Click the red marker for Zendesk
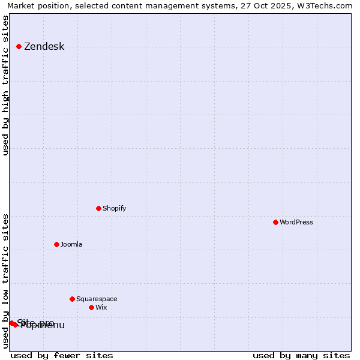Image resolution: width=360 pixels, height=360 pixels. click(19, 46)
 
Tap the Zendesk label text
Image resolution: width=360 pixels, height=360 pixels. click(44, 47)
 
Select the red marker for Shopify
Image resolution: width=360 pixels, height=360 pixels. click(99, 208)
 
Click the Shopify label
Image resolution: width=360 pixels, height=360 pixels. click(114, 209)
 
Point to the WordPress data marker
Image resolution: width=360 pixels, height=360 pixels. click(276, 222)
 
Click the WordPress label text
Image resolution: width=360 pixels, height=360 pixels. click(296, 223)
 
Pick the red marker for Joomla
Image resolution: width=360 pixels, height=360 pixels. click(57, 244)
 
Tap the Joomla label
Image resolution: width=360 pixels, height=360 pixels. click(71, 245)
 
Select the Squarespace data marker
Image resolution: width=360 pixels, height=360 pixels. click(73, 299)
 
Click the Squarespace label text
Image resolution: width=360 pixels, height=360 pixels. click(97, 299)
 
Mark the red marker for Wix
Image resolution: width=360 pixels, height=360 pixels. click(92, 307)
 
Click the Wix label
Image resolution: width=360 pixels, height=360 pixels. click(101, 308)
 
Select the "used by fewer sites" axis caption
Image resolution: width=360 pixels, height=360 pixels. click(62, 355)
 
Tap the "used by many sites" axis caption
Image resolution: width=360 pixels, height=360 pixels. click(301, 355)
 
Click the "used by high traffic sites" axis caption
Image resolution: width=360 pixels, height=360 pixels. click(6, 85)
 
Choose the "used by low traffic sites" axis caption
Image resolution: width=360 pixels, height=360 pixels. click(6, 281)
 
